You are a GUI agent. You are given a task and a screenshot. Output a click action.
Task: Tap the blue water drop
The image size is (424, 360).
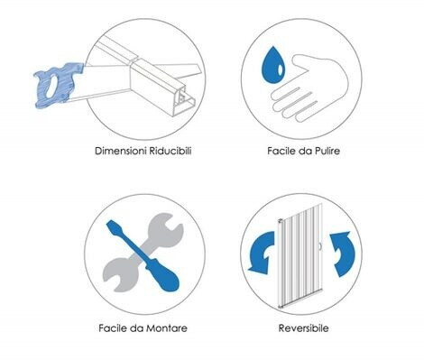273,66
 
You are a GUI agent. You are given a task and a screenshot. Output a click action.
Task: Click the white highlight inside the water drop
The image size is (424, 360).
281,69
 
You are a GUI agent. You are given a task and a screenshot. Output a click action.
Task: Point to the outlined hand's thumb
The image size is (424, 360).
300,62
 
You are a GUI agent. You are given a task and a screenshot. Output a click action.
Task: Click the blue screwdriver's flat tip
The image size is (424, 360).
112,226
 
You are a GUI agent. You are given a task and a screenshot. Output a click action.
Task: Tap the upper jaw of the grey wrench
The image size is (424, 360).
169,225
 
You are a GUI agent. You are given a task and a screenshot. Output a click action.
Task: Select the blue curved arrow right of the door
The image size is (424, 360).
343,253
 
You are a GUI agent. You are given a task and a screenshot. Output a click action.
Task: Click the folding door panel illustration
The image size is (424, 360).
300,255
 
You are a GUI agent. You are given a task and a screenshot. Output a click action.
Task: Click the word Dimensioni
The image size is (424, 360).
117,151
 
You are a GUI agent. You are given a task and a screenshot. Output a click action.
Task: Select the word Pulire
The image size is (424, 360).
327,151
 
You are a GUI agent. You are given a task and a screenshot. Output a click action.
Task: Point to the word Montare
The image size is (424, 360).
166,328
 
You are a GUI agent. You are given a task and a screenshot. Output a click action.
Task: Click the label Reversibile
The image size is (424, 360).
303,328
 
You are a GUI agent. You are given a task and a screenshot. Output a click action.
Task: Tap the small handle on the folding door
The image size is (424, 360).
321,246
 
